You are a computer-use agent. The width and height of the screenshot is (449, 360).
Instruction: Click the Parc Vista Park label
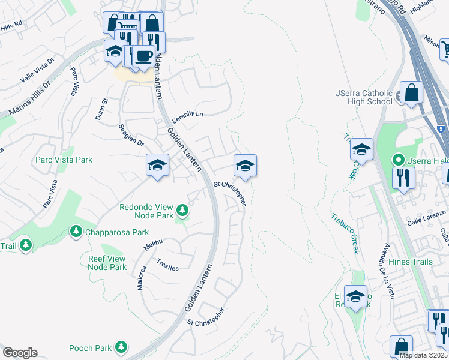point(64,160)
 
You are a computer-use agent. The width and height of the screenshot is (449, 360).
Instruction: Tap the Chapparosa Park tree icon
point(76,231)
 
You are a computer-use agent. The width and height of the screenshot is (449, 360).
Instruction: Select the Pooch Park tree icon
point(121,347)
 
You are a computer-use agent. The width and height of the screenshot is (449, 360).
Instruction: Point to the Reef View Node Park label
point(104,262)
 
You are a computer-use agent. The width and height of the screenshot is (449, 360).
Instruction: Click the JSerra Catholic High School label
point(364,97)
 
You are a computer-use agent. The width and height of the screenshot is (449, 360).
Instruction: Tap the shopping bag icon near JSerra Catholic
point(412,93)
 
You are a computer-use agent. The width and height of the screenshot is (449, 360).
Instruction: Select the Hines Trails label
point(411,262)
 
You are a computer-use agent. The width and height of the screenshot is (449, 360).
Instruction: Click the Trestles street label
point(167,265)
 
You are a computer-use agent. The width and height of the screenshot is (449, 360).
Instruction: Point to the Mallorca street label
point(142,277)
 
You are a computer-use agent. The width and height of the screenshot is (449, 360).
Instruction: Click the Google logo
point(20,353)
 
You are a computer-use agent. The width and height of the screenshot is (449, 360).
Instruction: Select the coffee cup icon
point(143,56)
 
